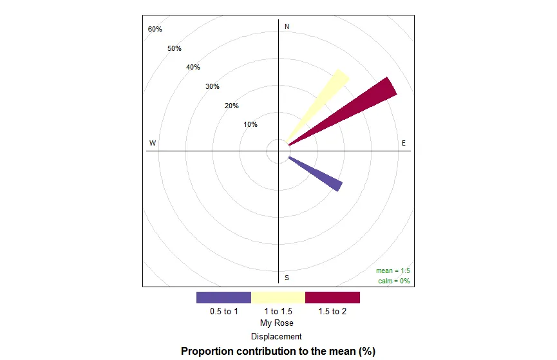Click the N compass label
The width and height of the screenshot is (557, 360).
pyautogui.click(x=287, y=26)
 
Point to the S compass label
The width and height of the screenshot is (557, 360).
pyautogui.click(x=287, y=278)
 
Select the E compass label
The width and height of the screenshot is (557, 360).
pyautogui.click(x=404, y=143)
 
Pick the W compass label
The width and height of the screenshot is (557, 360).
pyautogui.click(x=153, y=143)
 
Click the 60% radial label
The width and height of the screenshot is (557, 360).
pyautogui.click(x=155, y=30)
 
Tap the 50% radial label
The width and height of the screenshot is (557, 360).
pyautogui.click(x=175, y=49)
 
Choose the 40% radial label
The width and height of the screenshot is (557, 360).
pyautogui.click(x=193, y=68)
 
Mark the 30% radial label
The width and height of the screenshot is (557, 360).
pyautogui.click(x=212, y=87)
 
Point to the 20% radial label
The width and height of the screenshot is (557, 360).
pyautogui.click(x=232, y=106)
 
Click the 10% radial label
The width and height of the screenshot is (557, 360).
pyautogui.click(x=250, y=125)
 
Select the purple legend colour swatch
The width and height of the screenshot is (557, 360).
pyautogui.click(x=223, y=298)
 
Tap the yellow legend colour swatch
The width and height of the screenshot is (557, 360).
pyautogui.click(x=278, y=298)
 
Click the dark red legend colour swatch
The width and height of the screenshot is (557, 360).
pyautogui.click(x=332, y=298)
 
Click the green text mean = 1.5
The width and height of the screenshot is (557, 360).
pyautogui.click(x=393, y=271)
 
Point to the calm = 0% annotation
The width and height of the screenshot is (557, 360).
pyautogui.click(x=394, y=281)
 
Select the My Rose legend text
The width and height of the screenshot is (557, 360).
pyautogui.click(x=277, y=323)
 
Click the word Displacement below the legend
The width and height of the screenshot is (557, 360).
pyautogui.click(x=277, y=336)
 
